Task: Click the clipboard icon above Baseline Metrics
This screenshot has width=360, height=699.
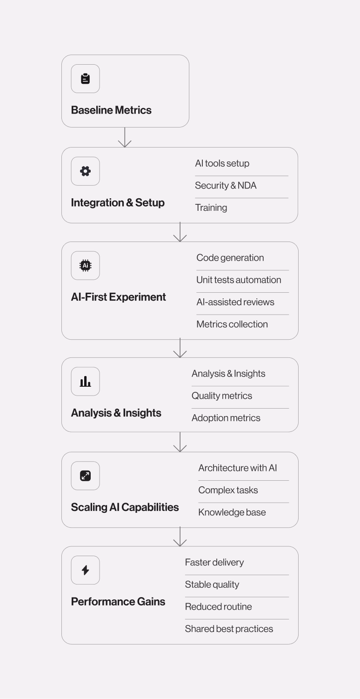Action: (85, 79)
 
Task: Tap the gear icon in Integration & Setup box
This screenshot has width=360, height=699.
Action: (85, 171)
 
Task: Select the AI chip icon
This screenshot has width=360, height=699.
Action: (85, 266)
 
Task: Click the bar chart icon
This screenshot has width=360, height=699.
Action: (85, 382)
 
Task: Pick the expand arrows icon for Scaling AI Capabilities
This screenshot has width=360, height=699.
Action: (85, 476)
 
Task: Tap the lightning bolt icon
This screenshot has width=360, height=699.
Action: (85, 570)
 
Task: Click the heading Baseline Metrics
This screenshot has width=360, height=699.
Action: (111, 110)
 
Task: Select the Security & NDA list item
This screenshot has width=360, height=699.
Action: (226, 186)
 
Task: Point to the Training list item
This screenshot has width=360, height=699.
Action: (211, 208)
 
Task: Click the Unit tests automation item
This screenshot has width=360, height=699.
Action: (239, 280)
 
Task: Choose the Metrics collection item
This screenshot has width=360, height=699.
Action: (232, 324)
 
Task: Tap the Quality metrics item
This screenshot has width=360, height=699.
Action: (222, 396)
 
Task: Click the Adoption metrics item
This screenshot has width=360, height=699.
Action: (226, 418)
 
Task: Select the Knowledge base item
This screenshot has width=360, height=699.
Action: (232, 512)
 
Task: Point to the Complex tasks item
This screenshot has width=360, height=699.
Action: (228, 490)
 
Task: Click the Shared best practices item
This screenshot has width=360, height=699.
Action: (229, 629)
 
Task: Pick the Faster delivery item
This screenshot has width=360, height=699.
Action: (214, 562)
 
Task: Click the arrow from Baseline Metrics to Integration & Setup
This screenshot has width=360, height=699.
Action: (125, 137)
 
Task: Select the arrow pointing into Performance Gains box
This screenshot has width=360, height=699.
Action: (180, 537)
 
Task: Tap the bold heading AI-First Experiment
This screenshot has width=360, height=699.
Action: (119, 297)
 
